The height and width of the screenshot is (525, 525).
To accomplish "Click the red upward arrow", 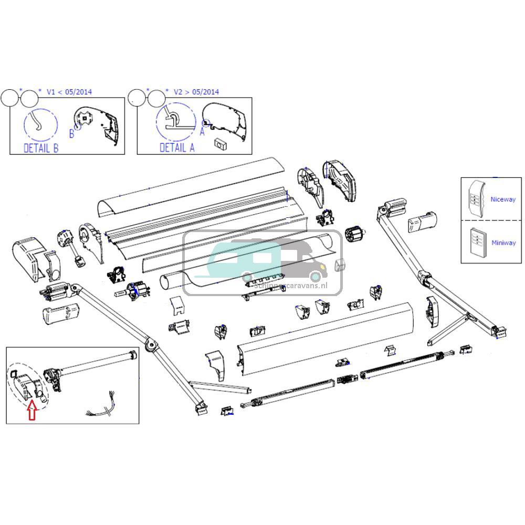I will pyautogui.click(x=31, y=410).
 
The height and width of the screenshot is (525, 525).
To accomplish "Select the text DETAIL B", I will pyautogui.click(x=41, y=148).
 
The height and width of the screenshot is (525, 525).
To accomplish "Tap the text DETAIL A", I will pyautogui.click(x=177, y=148).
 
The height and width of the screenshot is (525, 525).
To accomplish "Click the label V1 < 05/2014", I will pyautogui.click(x=69, y=92).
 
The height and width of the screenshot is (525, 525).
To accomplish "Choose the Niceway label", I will pyautogui.click(x=502, y=199).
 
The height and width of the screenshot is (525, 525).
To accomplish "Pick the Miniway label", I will pyautogui.click(x=503, y=243).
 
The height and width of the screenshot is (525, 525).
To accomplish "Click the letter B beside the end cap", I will pyautogui.click(x=72, y=134).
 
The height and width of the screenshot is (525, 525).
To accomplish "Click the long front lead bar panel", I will pyautogui.click(x=325, y=339).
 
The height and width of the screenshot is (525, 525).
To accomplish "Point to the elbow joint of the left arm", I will pyautogui.click(x=151, y=345).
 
